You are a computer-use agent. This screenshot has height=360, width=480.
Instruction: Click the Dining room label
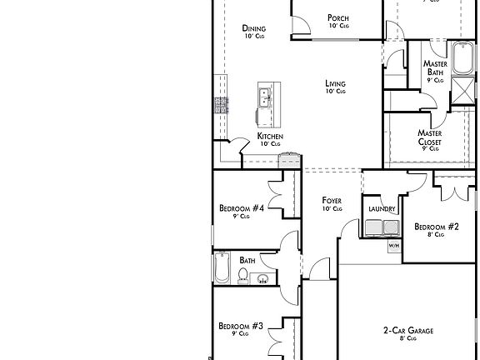254,31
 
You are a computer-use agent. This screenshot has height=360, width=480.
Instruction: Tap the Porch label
337,21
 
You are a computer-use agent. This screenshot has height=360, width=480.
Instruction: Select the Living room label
335,87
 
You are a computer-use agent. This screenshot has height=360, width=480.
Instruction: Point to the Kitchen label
269,139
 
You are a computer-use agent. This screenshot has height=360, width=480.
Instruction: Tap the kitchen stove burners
222,105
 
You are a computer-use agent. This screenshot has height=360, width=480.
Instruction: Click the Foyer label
332,204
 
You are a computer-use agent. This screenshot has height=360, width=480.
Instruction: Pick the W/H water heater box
393,246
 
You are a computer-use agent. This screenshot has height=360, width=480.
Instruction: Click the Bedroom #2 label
437,230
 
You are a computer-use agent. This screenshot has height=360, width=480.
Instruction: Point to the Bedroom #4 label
242,212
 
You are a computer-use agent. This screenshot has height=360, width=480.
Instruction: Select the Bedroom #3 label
241,329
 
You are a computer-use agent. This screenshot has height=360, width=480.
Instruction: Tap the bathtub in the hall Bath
222,268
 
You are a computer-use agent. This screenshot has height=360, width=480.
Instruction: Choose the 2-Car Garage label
408,334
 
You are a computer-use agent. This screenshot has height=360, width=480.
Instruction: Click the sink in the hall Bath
262,278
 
